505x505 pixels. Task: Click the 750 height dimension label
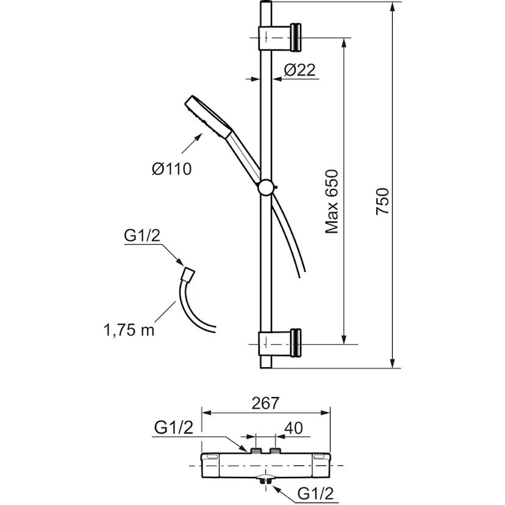(x=383, y=201)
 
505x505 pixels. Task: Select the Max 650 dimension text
(x=332, y=202)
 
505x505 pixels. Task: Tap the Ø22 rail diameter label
(x=299, y=70)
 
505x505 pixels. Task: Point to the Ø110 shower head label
(x=171, y=169)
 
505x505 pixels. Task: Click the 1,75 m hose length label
(x=129, y=330)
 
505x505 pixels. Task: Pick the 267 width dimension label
(x=265, y=403)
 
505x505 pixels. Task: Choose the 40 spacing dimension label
(x=293, y=428)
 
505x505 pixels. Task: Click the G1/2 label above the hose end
(x=142, y=236)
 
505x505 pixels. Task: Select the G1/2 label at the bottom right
(x=316, y=493)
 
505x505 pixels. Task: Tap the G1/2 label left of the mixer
(x=174, y=428)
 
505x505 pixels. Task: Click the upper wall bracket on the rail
(x=279, y=38)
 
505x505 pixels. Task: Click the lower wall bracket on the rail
(x=279, y=343)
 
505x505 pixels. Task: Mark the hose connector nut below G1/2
(x=188, y=274)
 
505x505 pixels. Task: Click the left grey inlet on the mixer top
(x=256, y=450)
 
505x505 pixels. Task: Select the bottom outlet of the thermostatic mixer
(x=266, y=478)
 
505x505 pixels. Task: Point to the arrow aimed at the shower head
(x=192, y=143)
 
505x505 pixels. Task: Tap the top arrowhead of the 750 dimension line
(x=392, y=7)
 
